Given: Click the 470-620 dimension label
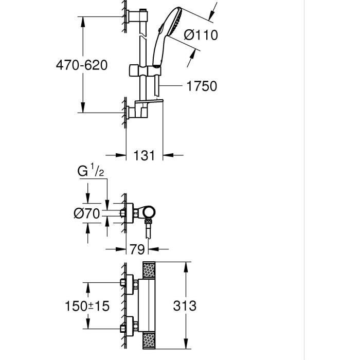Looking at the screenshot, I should pyautogui.click(x=82, y=65).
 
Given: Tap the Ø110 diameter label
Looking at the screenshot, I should pyautogui.click(x=201, y=35).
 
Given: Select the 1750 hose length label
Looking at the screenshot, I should pyautogui.click(x=201, y=86).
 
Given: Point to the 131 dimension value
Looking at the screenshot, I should pyautogui.click(x=144, y=154).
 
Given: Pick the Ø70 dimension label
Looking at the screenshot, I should pyautogui.click(x=86, y=213).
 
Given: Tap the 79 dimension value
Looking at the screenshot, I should pyautogui.click(x=137, y=249).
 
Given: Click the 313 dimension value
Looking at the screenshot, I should pyautogui.click(x=185, y=306).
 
